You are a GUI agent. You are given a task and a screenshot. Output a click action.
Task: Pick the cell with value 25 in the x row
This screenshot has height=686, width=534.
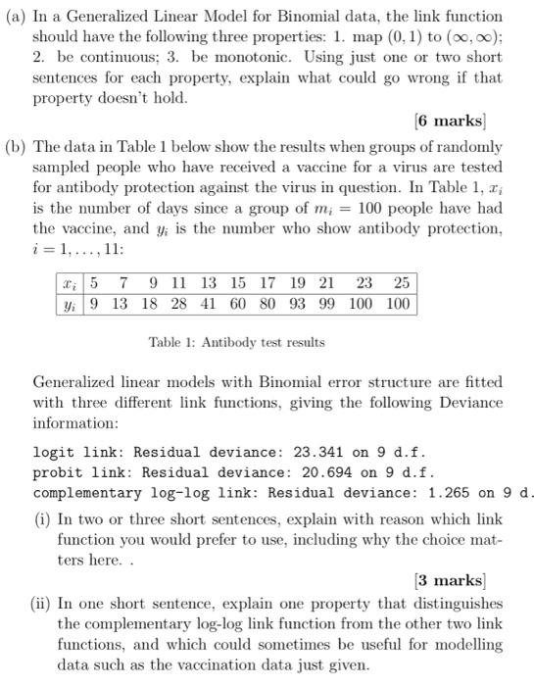point(400,283)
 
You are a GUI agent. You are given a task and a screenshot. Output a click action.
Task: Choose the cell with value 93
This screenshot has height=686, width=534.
point(294,303)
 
